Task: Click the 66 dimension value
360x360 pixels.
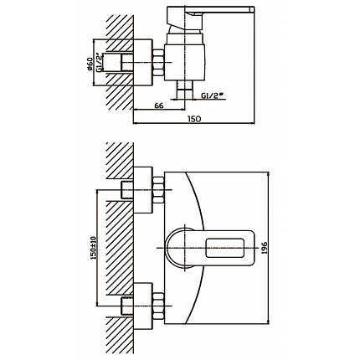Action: click(x=158, y=105)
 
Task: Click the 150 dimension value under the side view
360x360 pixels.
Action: click(x=194, y=119)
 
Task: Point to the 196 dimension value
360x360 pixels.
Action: click(x=265, y=248)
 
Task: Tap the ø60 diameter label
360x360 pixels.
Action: click(x=90, y=64)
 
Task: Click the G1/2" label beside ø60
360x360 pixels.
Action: click(x=99, y=62)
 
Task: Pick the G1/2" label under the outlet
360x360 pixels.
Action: click(x=213, y=95)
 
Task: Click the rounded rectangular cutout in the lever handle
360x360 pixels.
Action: click(x=225, y=248)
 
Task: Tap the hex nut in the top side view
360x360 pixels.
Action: click(x=158, y=63)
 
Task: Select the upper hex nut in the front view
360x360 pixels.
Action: click(x=158, y=190)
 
